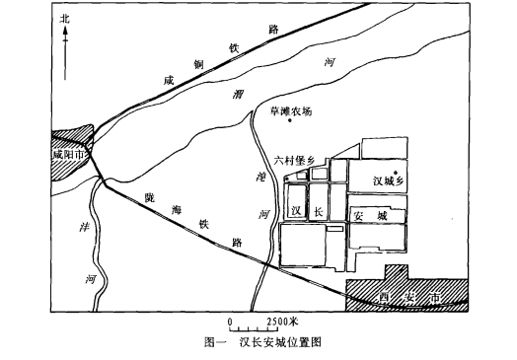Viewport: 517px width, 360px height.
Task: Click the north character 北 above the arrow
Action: (65, 19)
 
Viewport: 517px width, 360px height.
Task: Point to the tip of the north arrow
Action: (65, 27)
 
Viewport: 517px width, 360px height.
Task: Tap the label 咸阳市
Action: (69, 154)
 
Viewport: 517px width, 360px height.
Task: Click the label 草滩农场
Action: (291, 111)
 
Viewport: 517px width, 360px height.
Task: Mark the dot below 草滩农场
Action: (290, 120)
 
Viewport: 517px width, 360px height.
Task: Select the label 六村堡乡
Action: (294, 161)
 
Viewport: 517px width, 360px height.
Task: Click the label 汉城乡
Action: (388, 180)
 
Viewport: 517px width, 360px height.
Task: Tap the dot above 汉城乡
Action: (396, 172)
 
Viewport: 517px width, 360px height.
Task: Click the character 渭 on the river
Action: (238, 95)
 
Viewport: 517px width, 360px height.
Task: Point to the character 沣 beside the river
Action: (85, 227)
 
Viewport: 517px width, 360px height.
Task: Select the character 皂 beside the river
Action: (261, 177)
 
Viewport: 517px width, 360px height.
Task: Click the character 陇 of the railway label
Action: (150, 197)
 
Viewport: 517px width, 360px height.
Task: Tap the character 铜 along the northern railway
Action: (198, 65)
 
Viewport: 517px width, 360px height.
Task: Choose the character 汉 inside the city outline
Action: (296, 210)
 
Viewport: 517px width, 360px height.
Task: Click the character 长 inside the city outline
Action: (318, 211)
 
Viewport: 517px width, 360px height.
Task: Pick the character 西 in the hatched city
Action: (385, 298)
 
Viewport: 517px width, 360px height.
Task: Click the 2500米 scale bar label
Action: (282, 321)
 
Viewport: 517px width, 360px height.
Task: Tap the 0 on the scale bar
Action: (230, 322)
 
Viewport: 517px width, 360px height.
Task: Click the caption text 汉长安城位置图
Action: (280, 342)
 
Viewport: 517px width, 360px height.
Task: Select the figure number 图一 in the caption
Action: (215, 342)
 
